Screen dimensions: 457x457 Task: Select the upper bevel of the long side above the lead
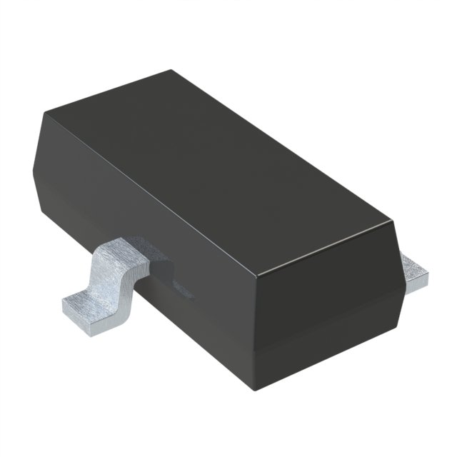[x=143, y=207]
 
